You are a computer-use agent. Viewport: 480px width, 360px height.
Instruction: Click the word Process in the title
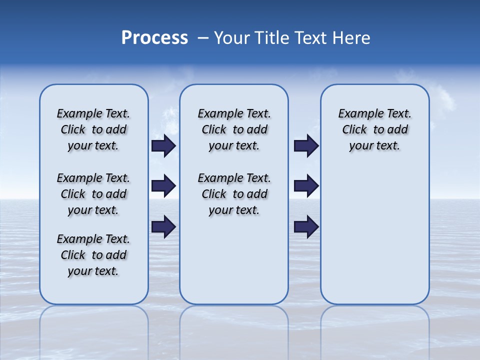(x=154, y=38)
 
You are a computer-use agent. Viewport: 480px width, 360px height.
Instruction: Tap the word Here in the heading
(x=352, y=38)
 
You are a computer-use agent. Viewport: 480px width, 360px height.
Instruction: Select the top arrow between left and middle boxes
(x=163, y=146)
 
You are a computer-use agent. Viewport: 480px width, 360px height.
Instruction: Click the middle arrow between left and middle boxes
(x=163, y=186)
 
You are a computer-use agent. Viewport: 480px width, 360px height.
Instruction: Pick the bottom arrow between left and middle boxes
(x=163, y=226)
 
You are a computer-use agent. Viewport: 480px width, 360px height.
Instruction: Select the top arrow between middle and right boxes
(x=306, y=146)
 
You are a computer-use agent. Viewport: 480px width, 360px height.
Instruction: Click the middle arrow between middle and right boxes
(x=306, y=186)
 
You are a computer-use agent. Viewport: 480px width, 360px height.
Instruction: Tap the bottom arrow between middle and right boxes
(x=306, y=226)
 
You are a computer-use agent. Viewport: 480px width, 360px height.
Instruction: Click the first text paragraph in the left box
(x=93, y=129)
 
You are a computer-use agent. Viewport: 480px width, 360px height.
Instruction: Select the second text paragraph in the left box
(x=93, y=194)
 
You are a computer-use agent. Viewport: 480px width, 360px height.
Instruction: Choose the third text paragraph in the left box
(x=93, y=255)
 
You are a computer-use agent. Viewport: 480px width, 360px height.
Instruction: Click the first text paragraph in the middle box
(x=234, y=129)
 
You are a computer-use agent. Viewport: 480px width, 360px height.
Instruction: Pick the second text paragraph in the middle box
(x=234, y=194)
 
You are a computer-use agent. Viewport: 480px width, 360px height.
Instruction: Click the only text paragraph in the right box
(x=374, y=129)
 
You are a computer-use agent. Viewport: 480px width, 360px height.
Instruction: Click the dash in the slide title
(x=203, y=38)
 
